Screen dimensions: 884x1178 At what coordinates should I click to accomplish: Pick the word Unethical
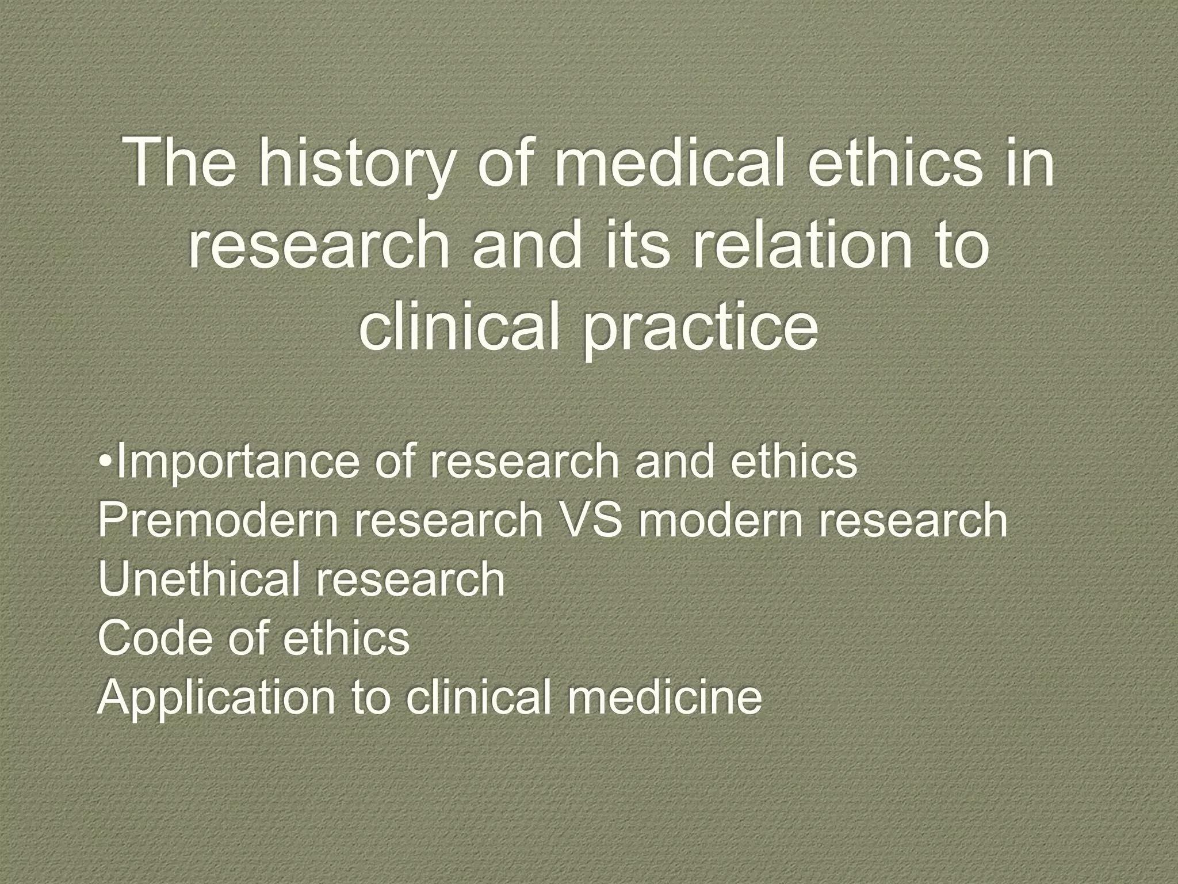(x=197, y=579)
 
